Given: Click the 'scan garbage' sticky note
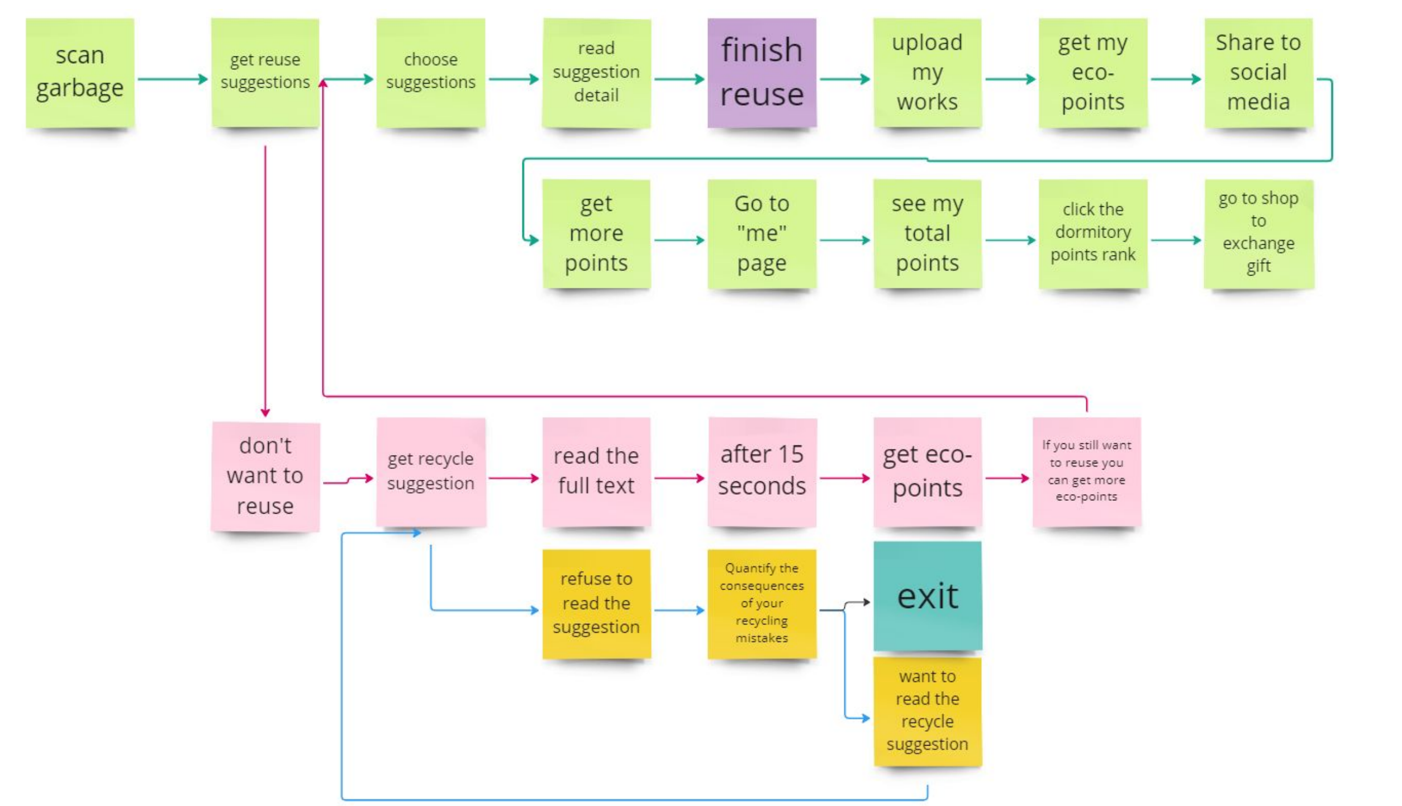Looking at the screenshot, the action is (x=80, y=73).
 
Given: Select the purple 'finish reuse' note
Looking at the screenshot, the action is (x=762, y=73).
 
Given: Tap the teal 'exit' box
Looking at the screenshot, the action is (x=928, y=596).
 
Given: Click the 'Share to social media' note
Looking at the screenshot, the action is (x=1258, y=73).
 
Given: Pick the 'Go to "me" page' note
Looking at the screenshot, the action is (x=762, y=234).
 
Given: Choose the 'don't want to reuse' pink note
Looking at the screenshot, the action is (x=265, y=476).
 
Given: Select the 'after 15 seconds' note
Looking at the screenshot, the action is (x=762, y=472).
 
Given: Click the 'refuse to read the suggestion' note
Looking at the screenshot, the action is (x=596, y=604).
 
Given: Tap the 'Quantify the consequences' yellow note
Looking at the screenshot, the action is (x=762, y=604).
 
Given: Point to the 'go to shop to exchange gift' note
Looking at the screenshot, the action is (x=1258, y=234).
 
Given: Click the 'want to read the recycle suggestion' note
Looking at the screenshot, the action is (x=928, y=711).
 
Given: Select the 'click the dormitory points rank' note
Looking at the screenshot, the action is (x=1093, y=234).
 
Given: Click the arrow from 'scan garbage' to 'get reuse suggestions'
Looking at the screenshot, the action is (x=173, y=79).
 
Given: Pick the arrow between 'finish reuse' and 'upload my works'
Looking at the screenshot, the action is (x=845, y=79).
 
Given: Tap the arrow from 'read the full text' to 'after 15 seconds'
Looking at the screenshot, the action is (x=679, y=478).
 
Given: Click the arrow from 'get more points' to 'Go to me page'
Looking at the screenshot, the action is (x=679, y=240).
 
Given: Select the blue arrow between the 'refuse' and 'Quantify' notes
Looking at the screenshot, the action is (x=679, y=610).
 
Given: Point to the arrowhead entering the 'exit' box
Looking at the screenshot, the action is (x=867, y=602).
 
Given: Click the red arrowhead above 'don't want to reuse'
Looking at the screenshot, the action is (x=265, y=413).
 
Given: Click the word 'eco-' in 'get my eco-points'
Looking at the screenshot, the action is (x=1093, y=72).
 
